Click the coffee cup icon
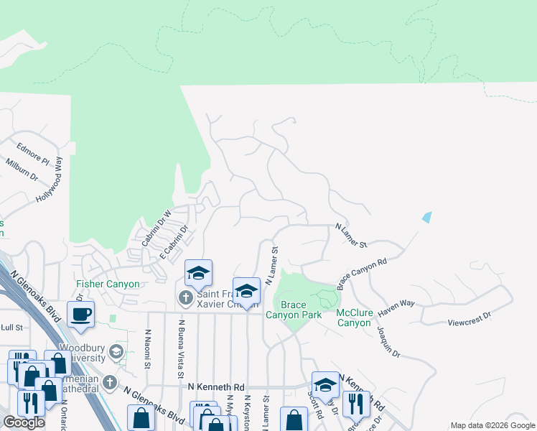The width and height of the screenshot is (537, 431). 80,314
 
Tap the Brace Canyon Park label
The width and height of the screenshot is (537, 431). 294,310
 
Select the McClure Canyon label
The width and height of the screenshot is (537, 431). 365,318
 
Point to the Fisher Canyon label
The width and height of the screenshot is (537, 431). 108,284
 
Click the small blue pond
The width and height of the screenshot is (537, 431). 428,216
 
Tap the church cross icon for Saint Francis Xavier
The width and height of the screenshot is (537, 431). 185,297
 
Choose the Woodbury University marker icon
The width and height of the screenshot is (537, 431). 117,351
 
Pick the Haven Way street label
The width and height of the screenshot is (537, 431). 397,303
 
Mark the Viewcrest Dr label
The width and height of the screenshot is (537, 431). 470,315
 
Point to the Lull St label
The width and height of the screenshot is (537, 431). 12,328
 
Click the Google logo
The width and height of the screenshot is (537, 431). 24,422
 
